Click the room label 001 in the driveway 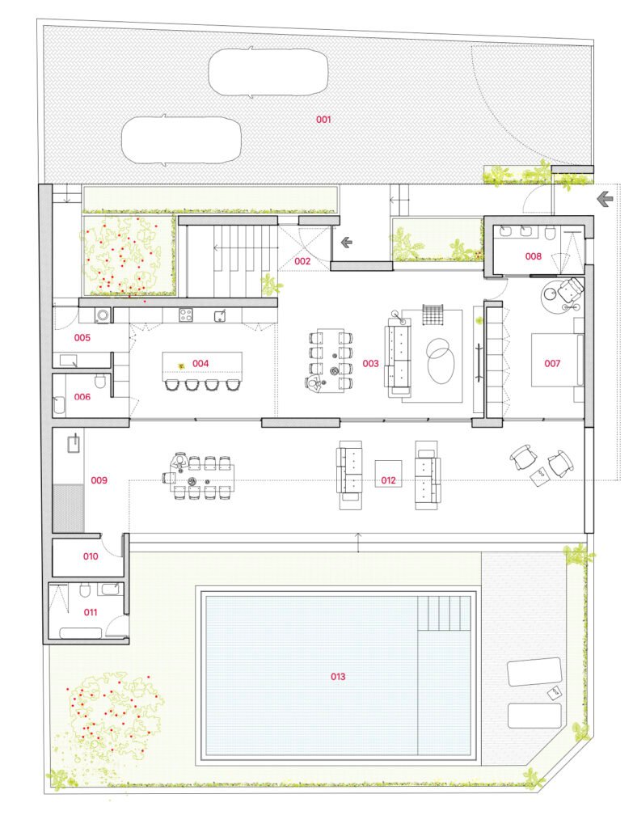[323, 120]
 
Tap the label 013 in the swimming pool [338, 677]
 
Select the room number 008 [534, 256]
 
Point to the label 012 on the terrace [389, 480]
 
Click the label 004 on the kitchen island [200, 363]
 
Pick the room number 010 [91, 556]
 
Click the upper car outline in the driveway [268, 72]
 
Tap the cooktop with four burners [185, 315]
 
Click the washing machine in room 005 [103, 315]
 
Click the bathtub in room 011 [80, 633]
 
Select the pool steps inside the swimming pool [444, 613]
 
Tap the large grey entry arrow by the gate [605, 200]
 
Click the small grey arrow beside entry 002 [346, 243]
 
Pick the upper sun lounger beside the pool [534, 671]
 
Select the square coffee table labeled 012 [389, 474]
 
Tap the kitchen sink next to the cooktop [221, 316]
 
